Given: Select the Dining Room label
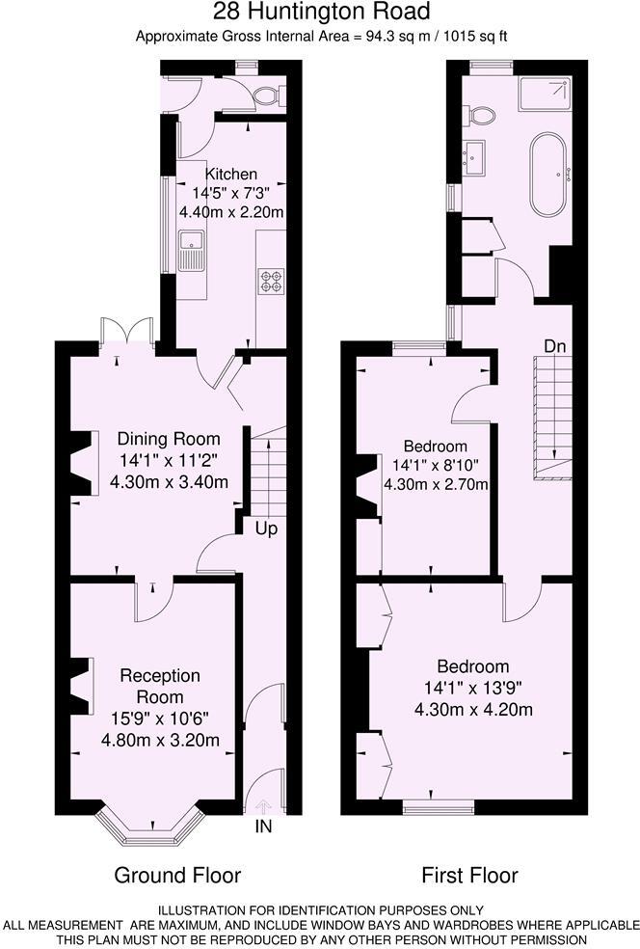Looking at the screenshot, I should pos(169,439).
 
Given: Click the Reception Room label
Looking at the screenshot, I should pos(160,686).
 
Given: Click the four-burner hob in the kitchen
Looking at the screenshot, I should pos(271,280).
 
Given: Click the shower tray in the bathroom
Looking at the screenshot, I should pos(545,94).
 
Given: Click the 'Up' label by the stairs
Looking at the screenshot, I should pos(267,529).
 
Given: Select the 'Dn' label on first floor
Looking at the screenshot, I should pos(555,345).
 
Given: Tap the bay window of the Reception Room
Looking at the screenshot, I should pos(152,818).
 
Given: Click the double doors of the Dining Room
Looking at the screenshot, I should pos(126,332).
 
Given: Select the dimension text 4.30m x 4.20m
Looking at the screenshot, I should pos(473,710).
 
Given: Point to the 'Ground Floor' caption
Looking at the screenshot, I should pos(177,875).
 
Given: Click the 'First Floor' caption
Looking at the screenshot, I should pos(469,875).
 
